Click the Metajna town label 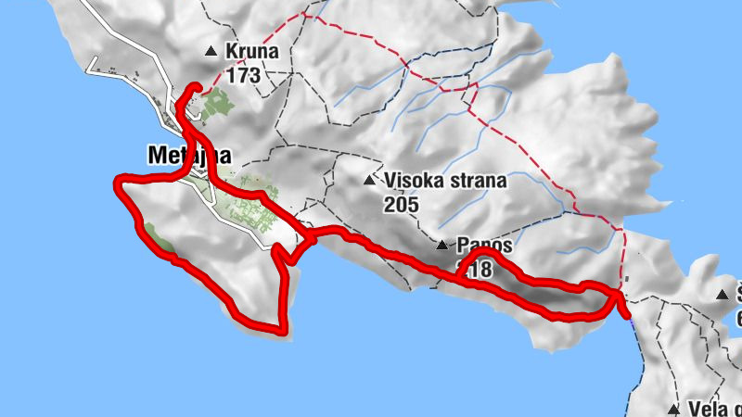(188, 156)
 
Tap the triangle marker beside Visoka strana (372, 181)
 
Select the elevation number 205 (402, 204)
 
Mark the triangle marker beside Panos (442, 246)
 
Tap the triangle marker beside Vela (674, 408)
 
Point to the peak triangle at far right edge (723, 296)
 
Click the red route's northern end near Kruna (198, 87)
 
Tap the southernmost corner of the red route (283, 329)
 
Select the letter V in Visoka (394, 181)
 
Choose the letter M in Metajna (157, 156)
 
